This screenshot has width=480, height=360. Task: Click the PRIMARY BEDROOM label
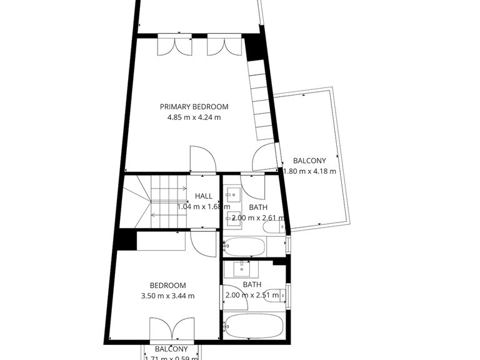click(x=194, y=106)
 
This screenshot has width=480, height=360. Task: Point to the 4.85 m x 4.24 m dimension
click(x=194, y=117)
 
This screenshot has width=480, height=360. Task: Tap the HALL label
click(x=203, y=196)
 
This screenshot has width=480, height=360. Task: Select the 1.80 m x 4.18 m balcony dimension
click(x=310, y=171)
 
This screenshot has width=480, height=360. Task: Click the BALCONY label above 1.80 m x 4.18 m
click(x=309, y=161)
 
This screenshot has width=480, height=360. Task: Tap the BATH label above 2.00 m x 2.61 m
click(x=258, y=207)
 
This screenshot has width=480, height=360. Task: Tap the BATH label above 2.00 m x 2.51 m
click(x=252, y=284)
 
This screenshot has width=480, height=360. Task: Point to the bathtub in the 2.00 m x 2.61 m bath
click(x=244, y=246)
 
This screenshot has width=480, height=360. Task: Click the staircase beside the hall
click(x=157, y=203)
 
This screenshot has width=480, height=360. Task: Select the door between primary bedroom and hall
click(x=202, y=160)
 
